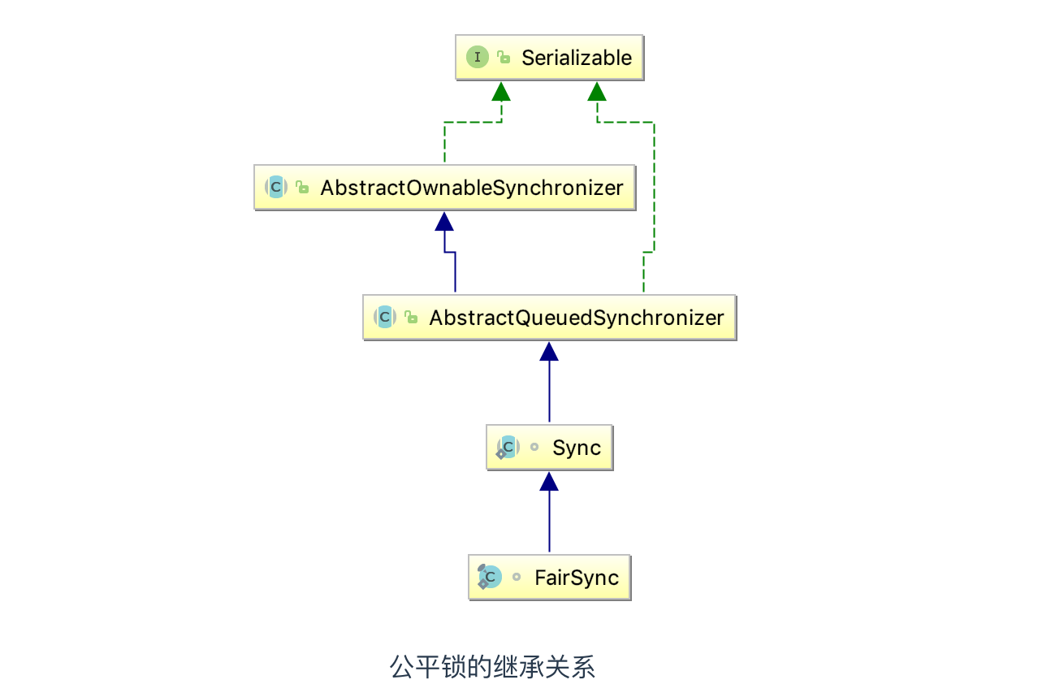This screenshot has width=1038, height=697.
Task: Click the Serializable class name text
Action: pyautogui.click(x=576, y=58)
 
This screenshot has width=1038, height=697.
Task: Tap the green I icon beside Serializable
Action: pyautogui.click(x=478, y=58)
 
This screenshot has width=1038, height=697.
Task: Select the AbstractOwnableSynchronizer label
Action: pyautogui.click(x=471, y=188)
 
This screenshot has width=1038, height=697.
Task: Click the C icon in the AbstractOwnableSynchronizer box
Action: pyautogui.click(x=276, y=188)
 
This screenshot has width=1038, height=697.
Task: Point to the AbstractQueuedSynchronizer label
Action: pyautogui.click(x=576, y=318)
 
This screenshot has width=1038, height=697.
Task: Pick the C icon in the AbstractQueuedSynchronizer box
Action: pyautogui.click(x=385, y=318)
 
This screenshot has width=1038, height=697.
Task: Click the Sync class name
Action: pyautogui.click(x=576, y=448)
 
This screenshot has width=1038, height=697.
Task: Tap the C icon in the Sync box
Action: pyautogui.click(x=508, y=447)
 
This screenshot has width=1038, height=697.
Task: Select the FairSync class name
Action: pyautogui.click(x=576, y=578)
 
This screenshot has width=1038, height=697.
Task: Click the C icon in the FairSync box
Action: pyautogui.click(x=490, y=577)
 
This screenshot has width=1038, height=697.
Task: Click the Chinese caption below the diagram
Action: pyautogui.click(x=492, y=667)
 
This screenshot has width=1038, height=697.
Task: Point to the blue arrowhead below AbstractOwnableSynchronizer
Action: pyautogui.click(x=443, y=221)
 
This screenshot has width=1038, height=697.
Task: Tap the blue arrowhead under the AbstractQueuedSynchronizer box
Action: pyautogui.click(x=549, y=351)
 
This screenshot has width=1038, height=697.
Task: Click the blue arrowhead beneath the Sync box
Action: pyautogui.click(x=549, y=481)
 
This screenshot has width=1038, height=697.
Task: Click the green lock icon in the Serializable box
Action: pyautogui.click(x=504, y=58)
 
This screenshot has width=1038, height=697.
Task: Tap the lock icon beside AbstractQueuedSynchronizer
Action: pyautogui.click(x=411, y=318)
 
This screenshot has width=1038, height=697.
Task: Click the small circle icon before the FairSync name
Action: pyautogui.click(x=516, y=578)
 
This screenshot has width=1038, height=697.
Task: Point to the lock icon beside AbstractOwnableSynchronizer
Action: pyautogui.click(x=302, y=188)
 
